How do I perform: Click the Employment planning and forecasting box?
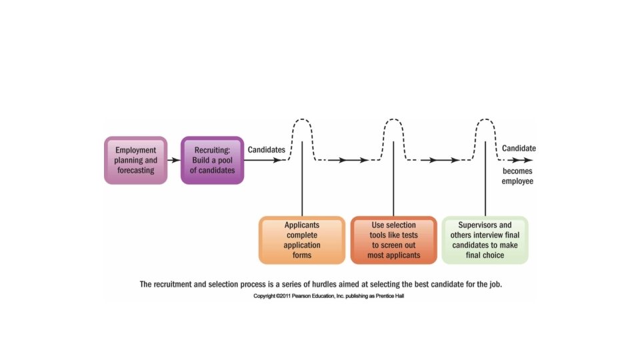pos(135,160)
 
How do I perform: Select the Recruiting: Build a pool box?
pos(213,160)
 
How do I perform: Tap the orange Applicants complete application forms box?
pos(302,240)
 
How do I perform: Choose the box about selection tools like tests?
pos(393,240)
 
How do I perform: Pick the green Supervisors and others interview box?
pos(485,240)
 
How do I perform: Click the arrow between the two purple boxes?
pos(173,160)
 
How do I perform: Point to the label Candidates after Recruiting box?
pos(267,150)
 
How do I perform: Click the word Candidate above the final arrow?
pos(519,149)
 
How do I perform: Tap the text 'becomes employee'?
pos(518,175)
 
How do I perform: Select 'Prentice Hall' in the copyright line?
pos(387,296)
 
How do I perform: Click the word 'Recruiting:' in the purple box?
pos(213,150)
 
